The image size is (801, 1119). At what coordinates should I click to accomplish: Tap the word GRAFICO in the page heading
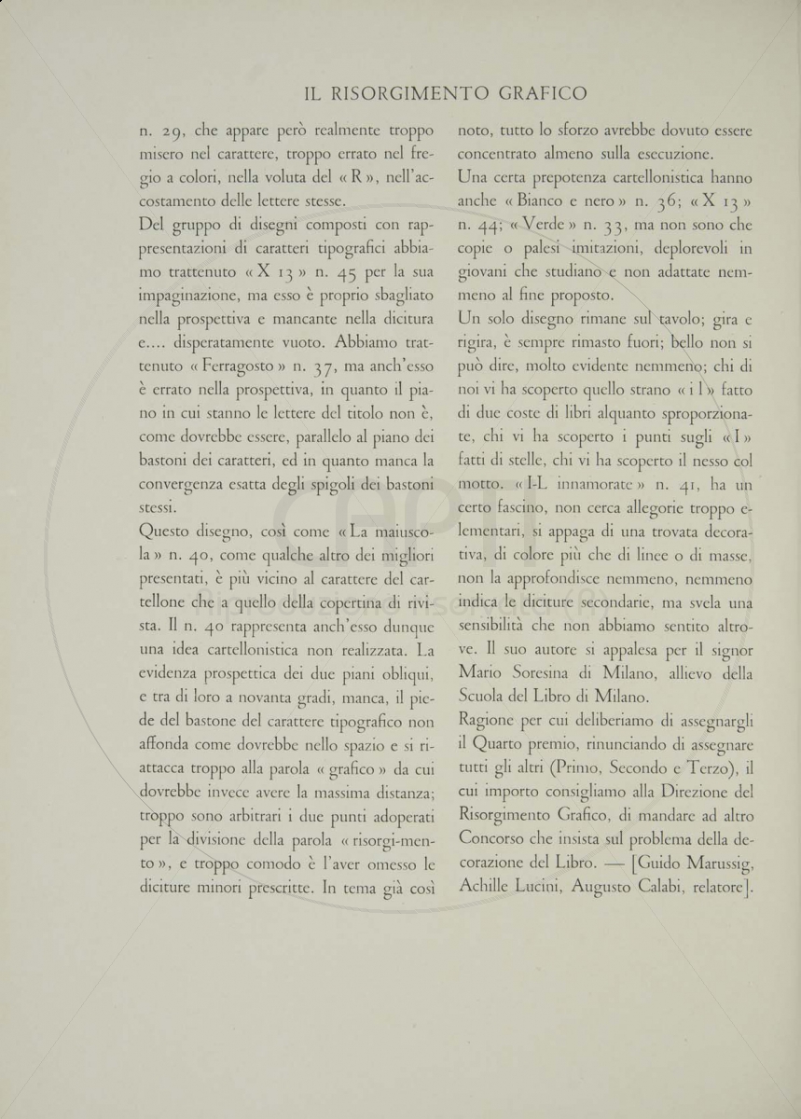click(543, 93)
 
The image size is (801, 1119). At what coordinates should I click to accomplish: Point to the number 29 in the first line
click(174, 131)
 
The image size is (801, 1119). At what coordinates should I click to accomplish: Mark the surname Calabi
click(676, 891)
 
